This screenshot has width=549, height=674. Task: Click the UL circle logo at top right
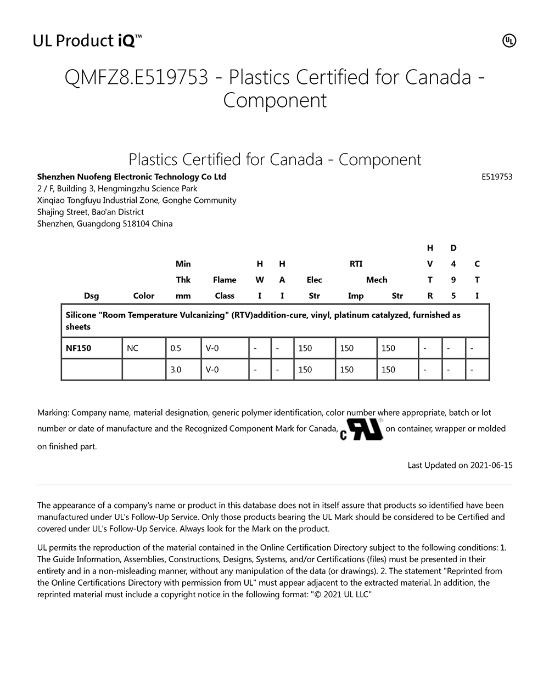[x=509, y=41]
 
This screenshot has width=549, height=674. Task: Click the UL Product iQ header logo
[x=88, y=41]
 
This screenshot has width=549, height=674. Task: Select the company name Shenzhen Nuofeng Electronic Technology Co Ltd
[x=132, y=177]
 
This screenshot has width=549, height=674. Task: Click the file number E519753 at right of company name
[x=497, y=177]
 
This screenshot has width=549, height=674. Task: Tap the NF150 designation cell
[x=79, y=348]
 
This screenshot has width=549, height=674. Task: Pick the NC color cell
[x=133, y=348]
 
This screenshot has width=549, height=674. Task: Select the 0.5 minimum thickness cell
[x=176, y=348]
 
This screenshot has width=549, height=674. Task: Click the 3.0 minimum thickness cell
[x=176, y=370]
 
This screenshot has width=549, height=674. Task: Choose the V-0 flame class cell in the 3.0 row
[x=212, y=370]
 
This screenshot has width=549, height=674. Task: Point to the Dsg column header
[x=91, y=296]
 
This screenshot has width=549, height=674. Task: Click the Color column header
[x=144, y=296]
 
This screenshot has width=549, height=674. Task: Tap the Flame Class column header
[x=225, y=288]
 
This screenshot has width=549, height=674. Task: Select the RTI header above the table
[x=356, y=264]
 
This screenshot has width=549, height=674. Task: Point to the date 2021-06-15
[x=491, y=466]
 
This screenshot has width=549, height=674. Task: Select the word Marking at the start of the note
[x=53, y=412]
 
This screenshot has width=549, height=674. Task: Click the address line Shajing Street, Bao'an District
[x=91, y=212]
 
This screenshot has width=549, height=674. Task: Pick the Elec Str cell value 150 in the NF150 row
[x=305, y=348]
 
